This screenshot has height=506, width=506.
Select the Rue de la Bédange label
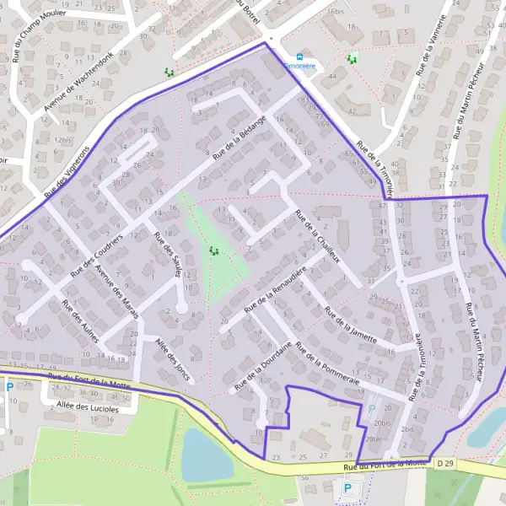pos(240,138)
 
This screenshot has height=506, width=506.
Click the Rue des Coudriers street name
pos(97,255)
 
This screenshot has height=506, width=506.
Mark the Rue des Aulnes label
pos(80,320)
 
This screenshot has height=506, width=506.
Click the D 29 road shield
pos(444,464)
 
